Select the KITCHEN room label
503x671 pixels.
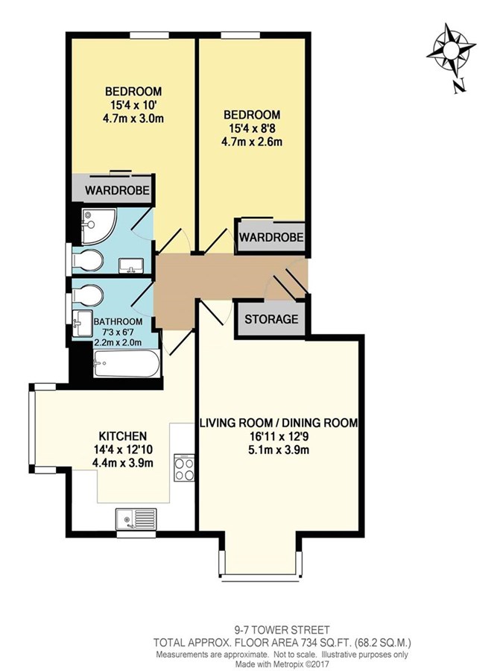click(x=123, y=436)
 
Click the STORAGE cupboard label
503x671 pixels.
click(x=271, y=319)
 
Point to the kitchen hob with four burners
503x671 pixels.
click(x=184, y=468)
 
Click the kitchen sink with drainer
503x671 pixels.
click(x=136, y=519)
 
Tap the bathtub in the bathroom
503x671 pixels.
click(x=127, y=364)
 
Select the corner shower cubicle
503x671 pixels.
click(x=99, y=222)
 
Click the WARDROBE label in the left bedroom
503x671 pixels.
click(x=117, y=190)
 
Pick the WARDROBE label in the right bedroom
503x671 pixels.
click(x=271, y=236)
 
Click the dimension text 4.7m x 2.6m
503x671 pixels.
click(x=253, y=142)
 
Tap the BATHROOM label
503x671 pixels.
click(x=118, y=322)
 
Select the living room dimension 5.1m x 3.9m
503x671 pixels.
click(x=279, y=450)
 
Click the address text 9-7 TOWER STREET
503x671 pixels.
click(x=282, y=630)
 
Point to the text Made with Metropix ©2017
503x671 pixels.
click(x=282, y=664)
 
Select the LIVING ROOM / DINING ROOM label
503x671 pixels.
click(x=279, y=423)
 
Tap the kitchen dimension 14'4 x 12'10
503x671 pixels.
click(x=123, y=450)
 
